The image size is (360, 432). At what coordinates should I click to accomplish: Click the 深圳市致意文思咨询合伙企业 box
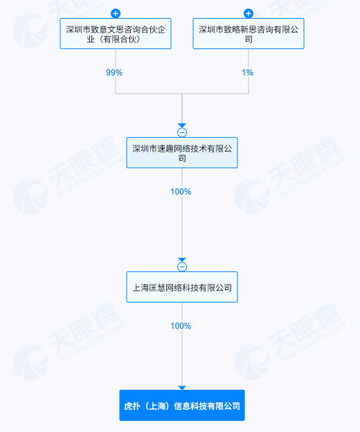[x=116, y=34]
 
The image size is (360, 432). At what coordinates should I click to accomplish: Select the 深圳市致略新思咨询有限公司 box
[x=249, y=34]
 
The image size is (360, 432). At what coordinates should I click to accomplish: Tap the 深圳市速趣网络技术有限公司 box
[x=182, y=152]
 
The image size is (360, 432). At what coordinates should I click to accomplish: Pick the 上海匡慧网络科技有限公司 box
[x=182, y=287]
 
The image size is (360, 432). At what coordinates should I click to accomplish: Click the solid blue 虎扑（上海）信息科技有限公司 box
[x=182, y=405]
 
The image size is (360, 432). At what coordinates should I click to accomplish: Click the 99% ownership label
[x=114, y=73]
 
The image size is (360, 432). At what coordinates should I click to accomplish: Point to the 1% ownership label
[x=247, y=73]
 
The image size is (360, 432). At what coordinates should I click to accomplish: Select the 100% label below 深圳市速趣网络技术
[x=181, y=192]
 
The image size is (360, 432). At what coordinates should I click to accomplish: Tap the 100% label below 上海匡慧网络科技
[x=181, y=326]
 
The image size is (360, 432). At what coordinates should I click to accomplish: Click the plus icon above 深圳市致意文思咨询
[x=116, y=13]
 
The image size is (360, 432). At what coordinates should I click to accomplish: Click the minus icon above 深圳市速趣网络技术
[x=182, y=132]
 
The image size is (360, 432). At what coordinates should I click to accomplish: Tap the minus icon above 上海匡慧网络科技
[x=182, y=267]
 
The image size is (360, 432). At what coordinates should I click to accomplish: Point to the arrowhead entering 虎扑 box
[x=182, y=388]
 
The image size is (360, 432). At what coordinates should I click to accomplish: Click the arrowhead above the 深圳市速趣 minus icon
[x=182, y=125]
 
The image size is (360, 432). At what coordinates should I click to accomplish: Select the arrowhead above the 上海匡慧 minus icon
[x=182, y=260]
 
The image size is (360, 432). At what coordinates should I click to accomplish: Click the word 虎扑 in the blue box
[x=132, y=406]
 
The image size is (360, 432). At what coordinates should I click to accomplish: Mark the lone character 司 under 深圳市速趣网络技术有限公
[x=182, y=159]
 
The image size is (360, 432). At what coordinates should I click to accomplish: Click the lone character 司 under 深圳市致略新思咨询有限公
[x=249, y=39]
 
